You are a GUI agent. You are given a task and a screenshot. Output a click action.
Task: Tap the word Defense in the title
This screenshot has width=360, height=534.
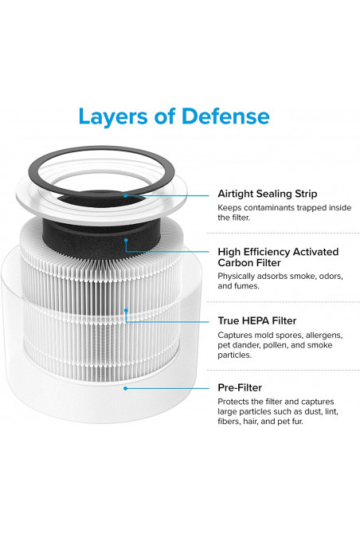(225, 116)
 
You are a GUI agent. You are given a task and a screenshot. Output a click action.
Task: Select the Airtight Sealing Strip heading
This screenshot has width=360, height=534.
(268, 194)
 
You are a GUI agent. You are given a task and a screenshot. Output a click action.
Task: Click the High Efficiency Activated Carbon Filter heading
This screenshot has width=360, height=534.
(278, 257)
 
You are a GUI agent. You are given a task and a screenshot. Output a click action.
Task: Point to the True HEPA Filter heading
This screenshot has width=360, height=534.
(257, 321)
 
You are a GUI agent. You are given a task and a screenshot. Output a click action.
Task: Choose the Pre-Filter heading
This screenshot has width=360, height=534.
(240, 387)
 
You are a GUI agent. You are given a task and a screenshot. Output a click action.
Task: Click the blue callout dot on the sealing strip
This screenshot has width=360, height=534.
(126, 195)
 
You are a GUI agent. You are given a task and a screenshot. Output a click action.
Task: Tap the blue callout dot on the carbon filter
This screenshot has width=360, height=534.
(126, 240)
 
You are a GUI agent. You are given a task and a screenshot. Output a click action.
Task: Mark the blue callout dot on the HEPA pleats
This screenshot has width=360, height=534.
(126, 310)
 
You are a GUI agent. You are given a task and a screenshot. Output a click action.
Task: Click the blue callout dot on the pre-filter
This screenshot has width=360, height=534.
(126, 388)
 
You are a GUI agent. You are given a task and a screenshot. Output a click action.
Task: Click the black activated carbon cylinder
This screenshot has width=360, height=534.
(101, 238)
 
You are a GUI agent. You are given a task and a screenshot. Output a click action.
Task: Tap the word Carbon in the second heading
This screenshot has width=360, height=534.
(234, 263)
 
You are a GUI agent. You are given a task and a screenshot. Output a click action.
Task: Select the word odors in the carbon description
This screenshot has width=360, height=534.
(330, 277)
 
